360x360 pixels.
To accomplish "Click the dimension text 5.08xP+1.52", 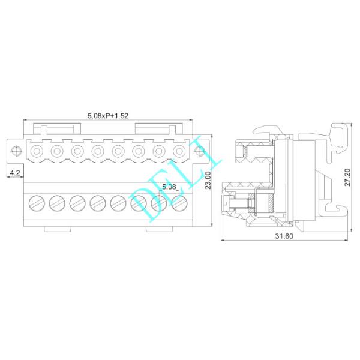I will coord(109,115).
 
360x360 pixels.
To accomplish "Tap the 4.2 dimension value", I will coord(14,173).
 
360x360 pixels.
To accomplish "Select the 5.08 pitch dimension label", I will coord(169,187).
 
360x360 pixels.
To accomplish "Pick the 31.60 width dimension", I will coord(284,236).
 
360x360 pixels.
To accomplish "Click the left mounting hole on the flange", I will coord(16,149).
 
